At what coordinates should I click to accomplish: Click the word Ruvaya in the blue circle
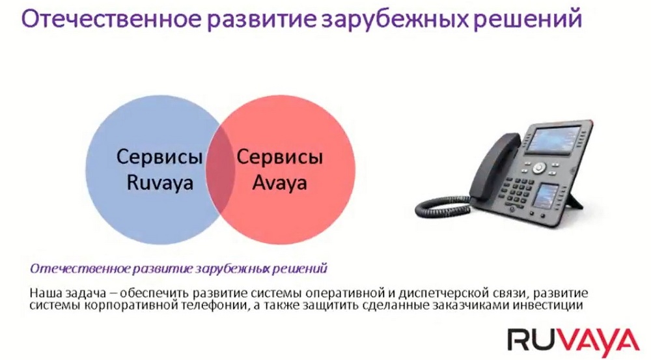pos(160,183)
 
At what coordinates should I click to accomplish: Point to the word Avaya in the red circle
pos(279,183)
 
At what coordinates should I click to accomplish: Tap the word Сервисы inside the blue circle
pos(159,157)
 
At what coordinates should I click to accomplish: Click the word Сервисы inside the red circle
pos(279,157)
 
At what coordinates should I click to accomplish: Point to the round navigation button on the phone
pos(539,167)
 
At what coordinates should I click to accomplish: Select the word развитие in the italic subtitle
pos(163,269)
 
